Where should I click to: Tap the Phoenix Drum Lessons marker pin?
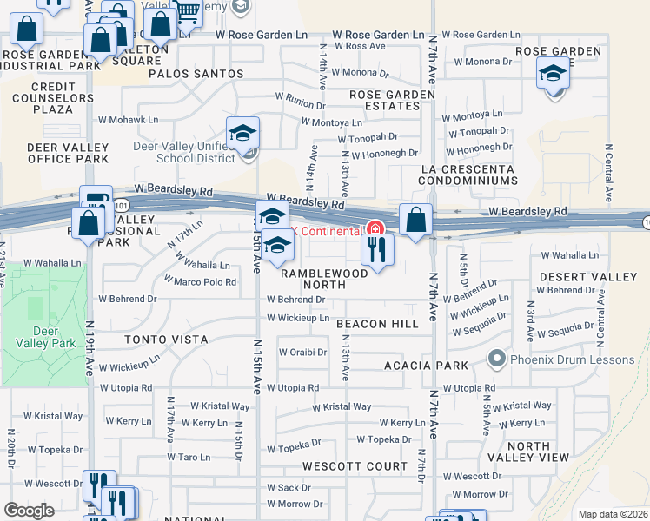496,358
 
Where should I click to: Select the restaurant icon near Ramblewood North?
377,249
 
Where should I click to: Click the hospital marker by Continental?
375,229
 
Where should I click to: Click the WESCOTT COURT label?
355,466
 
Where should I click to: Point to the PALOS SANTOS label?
196,74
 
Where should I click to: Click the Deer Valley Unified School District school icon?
242,133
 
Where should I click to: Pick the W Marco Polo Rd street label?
200,282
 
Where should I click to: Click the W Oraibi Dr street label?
302,353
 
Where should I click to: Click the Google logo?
30,511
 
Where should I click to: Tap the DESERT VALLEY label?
581,277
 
